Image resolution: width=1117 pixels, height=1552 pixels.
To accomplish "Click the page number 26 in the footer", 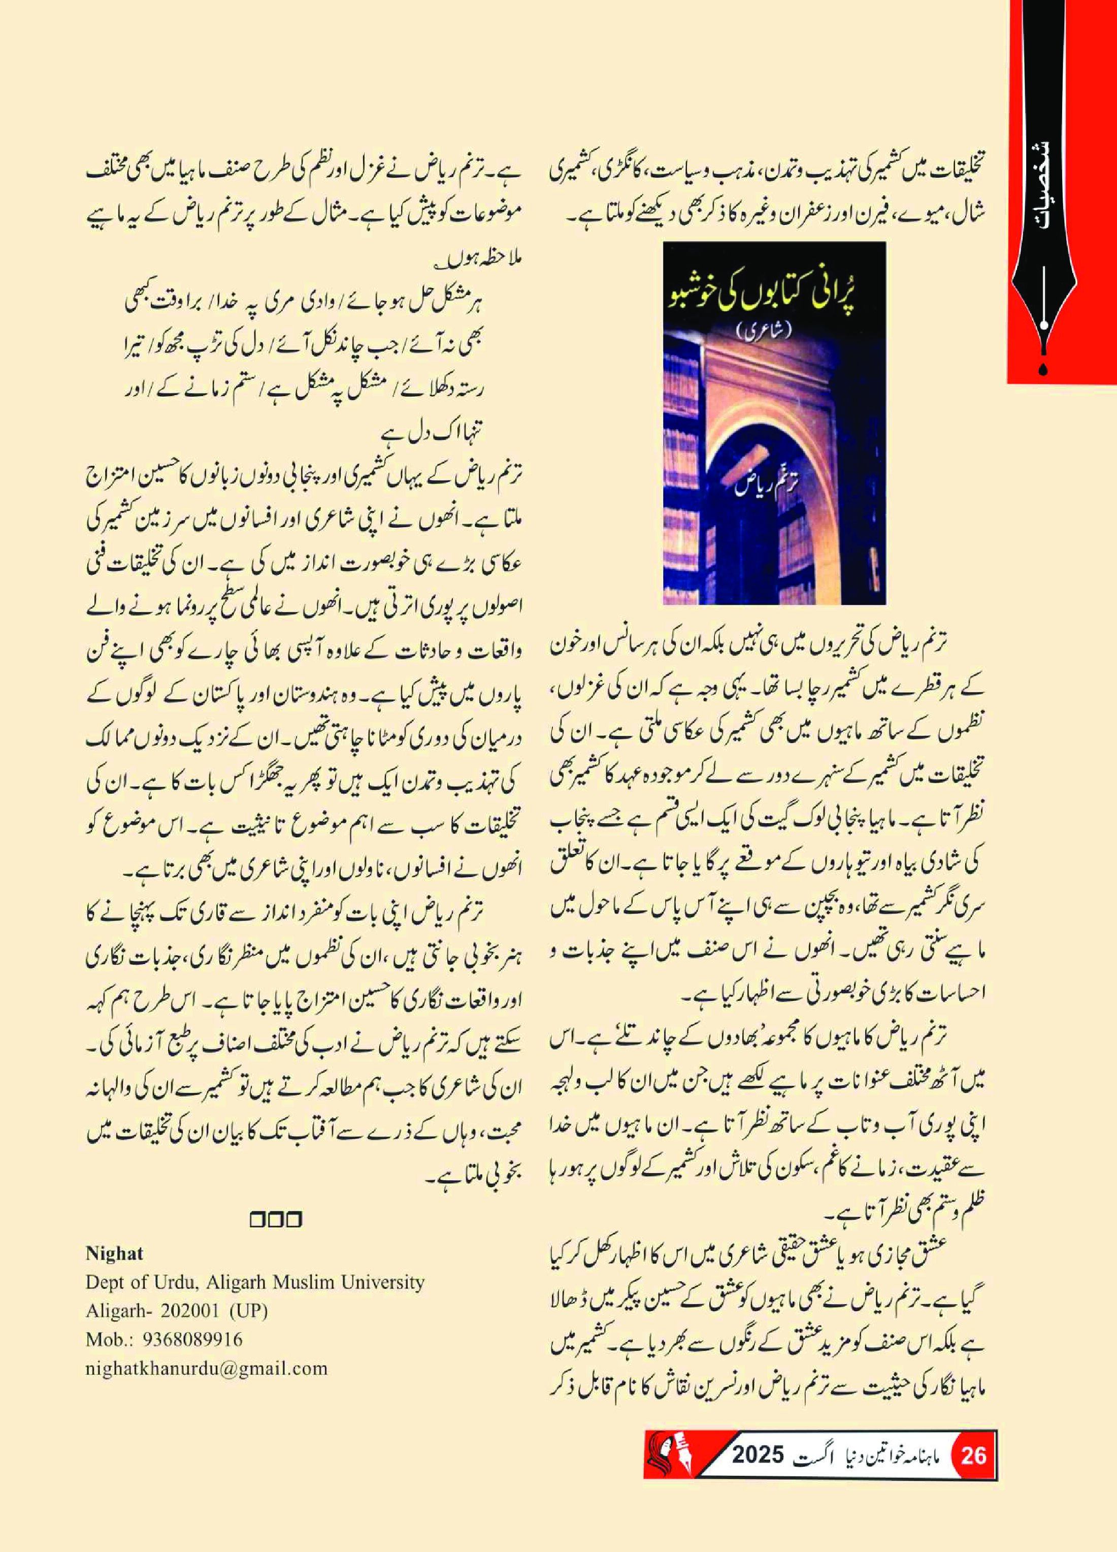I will [x=973, y=1473].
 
